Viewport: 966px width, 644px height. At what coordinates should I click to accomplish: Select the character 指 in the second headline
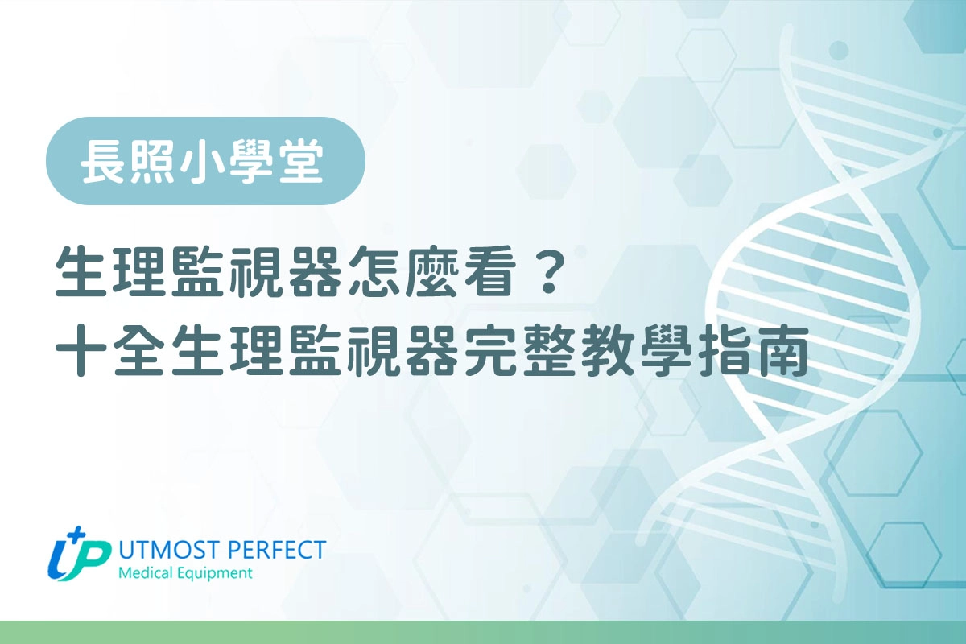(x=725, y=355)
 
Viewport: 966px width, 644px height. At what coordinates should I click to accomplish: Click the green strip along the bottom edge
(x=483, y=632)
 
